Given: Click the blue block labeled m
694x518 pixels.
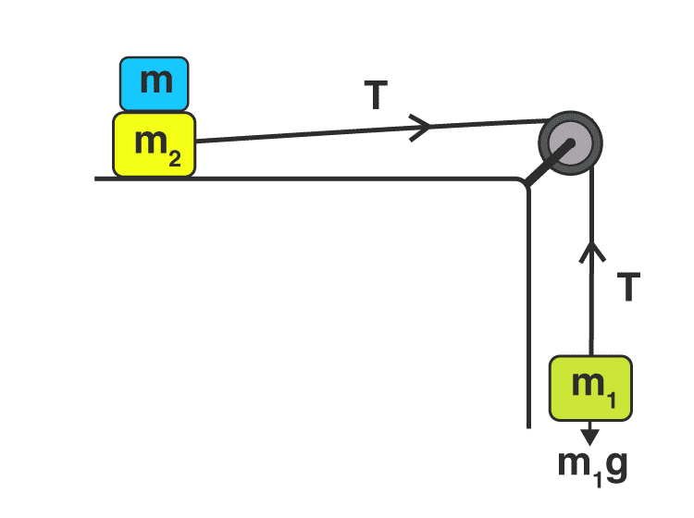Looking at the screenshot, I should pyautogui.click(x=155, y=83).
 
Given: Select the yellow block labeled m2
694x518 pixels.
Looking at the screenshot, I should pyautogui.click(x=154, y=144).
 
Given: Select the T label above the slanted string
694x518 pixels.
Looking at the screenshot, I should pyautogui.click(x=375, y=96).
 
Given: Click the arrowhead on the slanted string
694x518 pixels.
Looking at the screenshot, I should pyautogui.click(x=421, y=127).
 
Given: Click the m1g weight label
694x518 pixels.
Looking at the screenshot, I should pyautogui.click(x=592, y=462).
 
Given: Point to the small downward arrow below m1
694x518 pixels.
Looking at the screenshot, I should pyautogui.click(x=590, y=432).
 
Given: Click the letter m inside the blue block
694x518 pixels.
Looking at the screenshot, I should pyautogui.click(x=155, y=80).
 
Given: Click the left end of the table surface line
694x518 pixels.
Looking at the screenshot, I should pyautogui.click(x=96, y=178).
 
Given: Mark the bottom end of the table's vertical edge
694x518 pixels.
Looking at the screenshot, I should pyautogui.click(x=528, y=426).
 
